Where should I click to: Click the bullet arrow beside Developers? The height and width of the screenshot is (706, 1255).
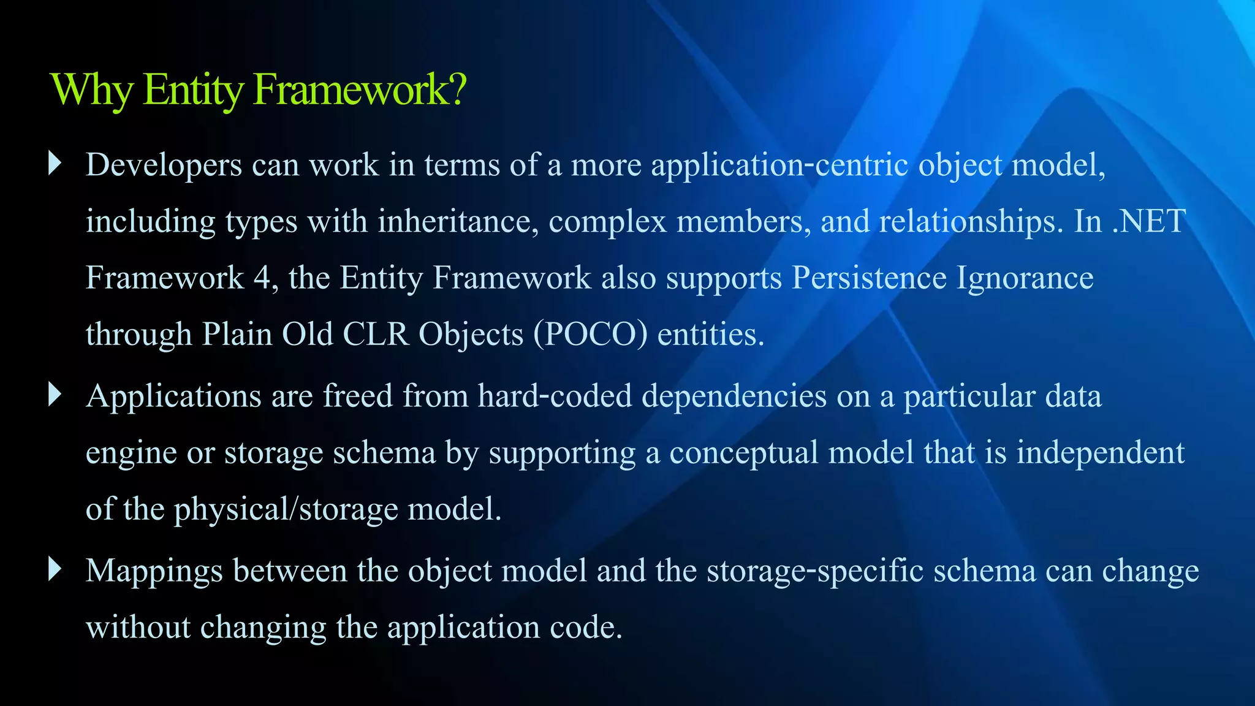[55, 163]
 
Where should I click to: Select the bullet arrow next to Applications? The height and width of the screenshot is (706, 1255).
[55, 395]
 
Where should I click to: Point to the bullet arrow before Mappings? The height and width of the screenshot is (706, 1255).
[55, 569]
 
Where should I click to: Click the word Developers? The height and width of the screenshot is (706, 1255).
[164, 165]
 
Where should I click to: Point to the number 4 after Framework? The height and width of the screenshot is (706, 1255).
[262, 278]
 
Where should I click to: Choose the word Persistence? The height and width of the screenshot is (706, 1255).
[869, 278]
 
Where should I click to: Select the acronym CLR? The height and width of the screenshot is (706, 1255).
[375, 335]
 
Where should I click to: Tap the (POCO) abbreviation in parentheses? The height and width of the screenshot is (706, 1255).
[590, 335]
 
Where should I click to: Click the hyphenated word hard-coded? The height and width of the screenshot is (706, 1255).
[555, 396]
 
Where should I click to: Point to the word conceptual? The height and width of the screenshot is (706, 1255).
[744, 454]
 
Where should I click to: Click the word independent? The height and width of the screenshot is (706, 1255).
[1101, 454]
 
